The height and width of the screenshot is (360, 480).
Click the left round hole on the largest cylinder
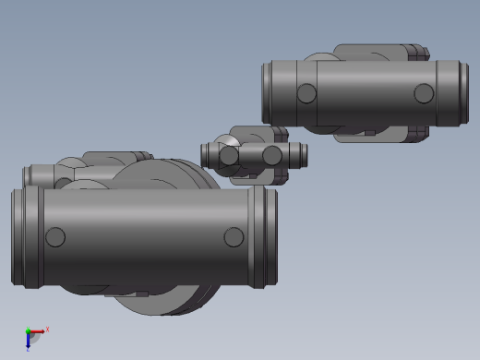click(55, 237)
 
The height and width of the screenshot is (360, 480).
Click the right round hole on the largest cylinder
click(234, 237)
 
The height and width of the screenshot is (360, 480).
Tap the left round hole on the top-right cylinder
click(306, 93)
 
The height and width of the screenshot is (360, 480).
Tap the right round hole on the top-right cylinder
click(423, 93)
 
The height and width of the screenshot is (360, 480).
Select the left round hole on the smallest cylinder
click(229, 156)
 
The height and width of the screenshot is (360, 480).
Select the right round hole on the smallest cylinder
click(272, 155)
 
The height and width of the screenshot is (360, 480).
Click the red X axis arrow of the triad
click(40, 330)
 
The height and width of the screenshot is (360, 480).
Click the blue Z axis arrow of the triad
click(29, 343)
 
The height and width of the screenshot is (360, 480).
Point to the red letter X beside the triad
click(47, 328)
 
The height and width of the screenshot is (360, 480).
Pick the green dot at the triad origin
click(28, 331)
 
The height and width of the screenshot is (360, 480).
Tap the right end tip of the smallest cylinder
click(303, 155)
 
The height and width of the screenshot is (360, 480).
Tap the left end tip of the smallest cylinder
click(206, 154)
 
